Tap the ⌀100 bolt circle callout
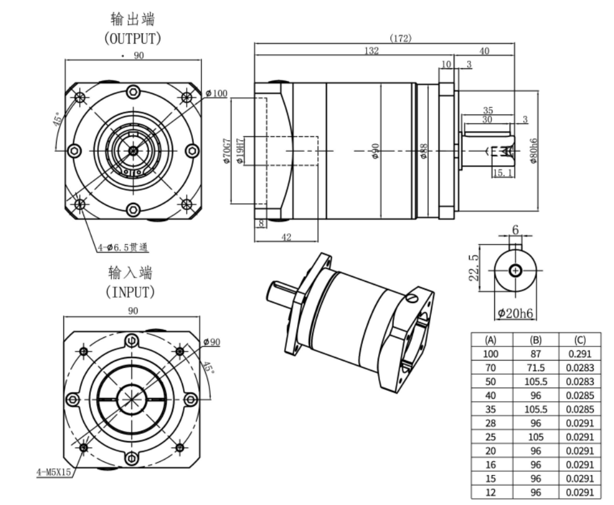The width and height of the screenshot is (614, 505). tap(216, 93)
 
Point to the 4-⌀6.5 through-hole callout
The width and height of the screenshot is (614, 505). tap(123, 248)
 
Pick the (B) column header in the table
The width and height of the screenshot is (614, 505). tap(535, 340)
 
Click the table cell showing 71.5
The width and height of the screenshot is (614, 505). tap(535, 367)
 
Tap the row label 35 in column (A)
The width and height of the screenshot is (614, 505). tap(491, 409)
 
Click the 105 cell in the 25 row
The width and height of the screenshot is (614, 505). tap(535, 437)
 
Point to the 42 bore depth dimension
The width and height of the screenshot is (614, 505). tap(286, 237)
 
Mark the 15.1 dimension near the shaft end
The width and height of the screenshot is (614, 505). tap(503, 173)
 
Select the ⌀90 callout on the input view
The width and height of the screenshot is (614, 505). tap(211, 342)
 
